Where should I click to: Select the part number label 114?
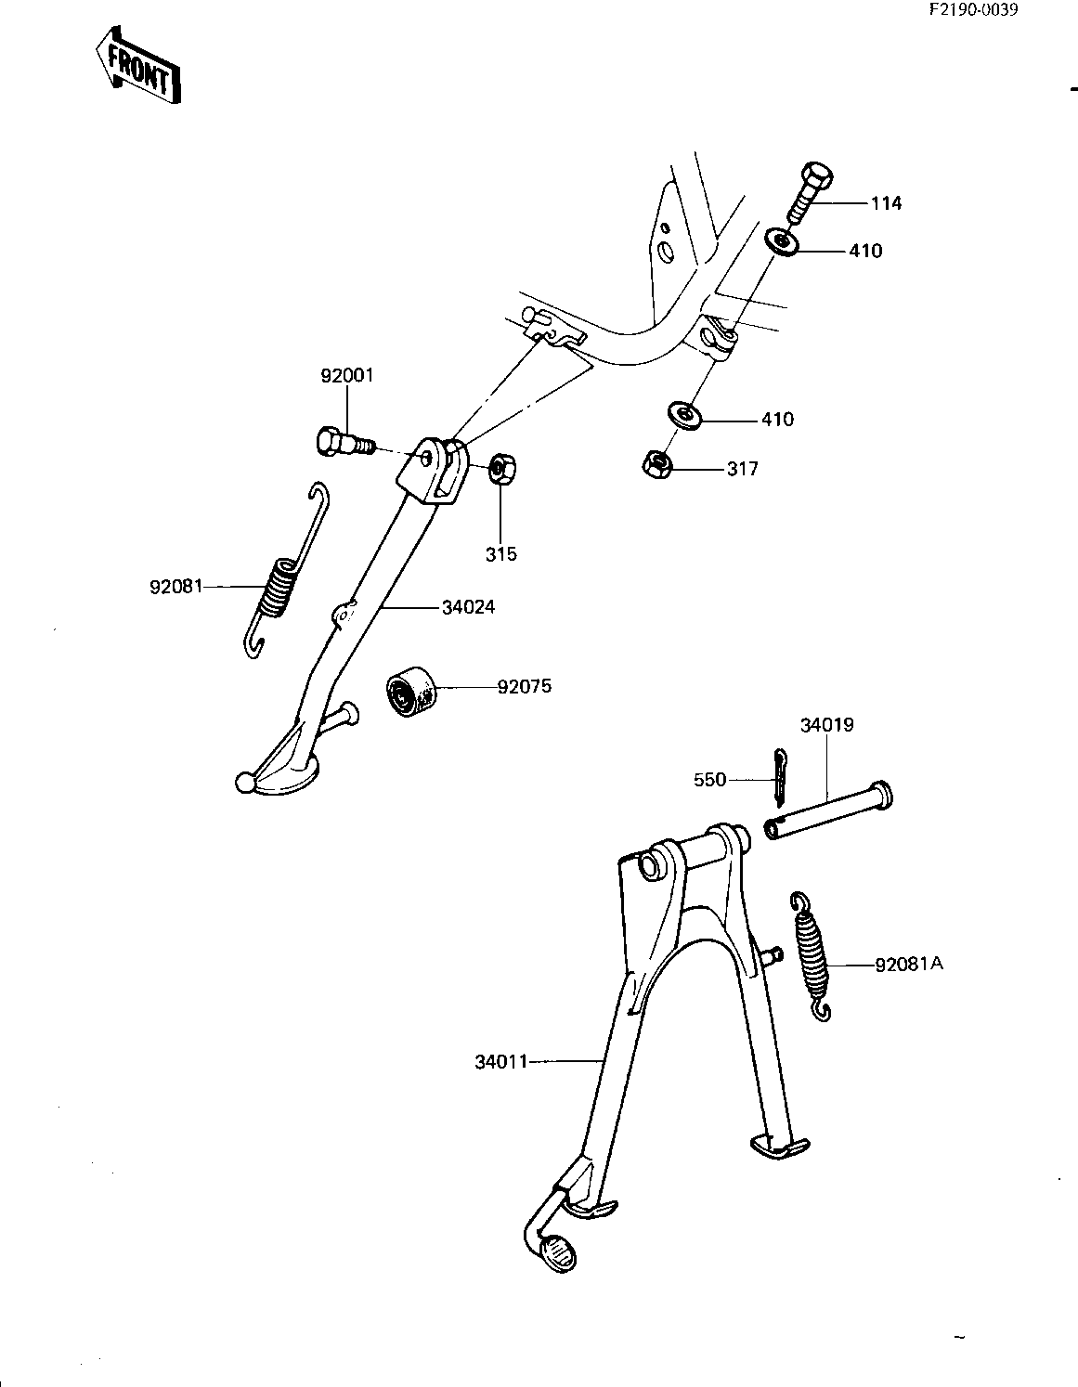tap(886, 203)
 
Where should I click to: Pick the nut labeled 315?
tap(501, 471)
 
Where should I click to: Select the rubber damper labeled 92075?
tap(409, 692)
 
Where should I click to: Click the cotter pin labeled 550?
tap(779, 777)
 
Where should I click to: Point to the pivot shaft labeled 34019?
tap(828, 810)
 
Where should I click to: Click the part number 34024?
tap(469, 607)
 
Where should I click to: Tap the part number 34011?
tap(501, 1061)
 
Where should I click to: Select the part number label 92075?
tap(524, 687)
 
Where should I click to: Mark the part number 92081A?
tap(909, 964)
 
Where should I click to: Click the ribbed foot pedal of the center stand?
tap(557, 1254)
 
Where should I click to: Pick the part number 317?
tap(742, 469)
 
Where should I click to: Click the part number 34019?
tap(827, 725)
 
